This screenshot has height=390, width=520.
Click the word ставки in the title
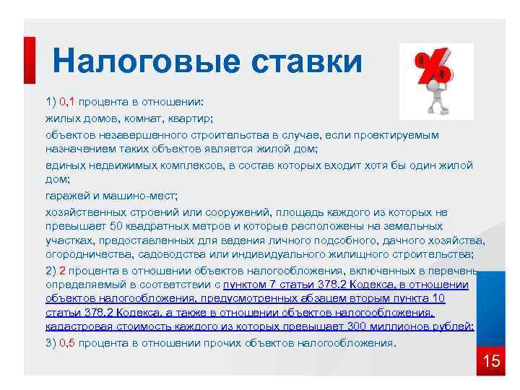pyautogui.click(x=307, y=61)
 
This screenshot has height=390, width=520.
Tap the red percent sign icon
pyautogui.click(x=434, y=69)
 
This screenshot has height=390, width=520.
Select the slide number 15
pyautogui.click(x=491, y=361)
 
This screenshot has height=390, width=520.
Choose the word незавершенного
pyautogui.click(x=139, y=135)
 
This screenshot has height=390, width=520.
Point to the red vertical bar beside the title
pyautogui.click(x=29, y=61)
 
